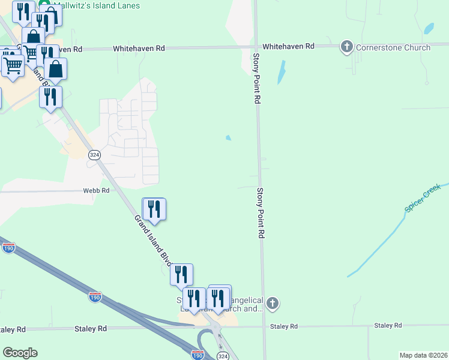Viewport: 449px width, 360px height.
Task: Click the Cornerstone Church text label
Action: (x=393, y=47)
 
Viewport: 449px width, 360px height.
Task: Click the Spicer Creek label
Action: (x=423, y=198)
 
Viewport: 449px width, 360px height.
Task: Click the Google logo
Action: (x=20, y=353)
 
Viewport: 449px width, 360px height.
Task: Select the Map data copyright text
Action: (x=424, y=355)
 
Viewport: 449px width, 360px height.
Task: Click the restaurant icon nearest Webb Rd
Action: (x=154, y=209)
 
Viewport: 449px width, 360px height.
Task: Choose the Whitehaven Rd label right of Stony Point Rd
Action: (x=288, y=46)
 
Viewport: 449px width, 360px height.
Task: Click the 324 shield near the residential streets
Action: (x=94, y=154)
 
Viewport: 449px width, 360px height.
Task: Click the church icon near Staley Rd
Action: (x=273, y=303)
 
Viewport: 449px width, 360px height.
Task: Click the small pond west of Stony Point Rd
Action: (x=228, y=138)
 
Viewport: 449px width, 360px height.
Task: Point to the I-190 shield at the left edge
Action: (x=8, y=248)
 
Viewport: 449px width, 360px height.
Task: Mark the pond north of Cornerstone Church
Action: (x=429, y=28)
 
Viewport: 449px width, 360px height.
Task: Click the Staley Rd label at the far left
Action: (x=12, y=329)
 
